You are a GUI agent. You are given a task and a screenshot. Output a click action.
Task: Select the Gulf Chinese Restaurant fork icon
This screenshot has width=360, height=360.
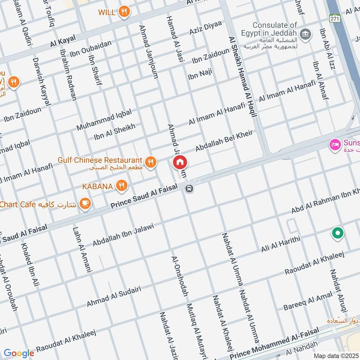coord(151,161)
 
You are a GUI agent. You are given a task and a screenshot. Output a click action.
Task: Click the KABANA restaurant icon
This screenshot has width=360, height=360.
coord(121,185)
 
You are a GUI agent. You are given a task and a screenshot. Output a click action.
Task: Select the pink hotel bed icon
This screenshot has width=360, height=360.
coord(335,144)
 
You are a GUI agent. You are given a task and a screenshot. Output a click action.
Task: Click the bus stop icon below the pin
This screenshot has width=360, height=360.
coord(189,189)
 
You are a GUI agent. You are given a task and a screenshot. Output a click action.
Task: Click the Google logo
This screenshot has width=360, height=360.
coord(18,354)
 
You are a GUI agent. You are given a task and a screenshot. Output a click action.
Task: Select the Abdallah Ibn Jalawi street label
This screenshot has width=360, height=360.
coord(123,234)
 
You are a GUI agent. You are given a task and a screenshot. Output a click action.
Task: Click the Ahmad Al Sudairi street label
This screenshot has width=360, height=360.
coord(110,299)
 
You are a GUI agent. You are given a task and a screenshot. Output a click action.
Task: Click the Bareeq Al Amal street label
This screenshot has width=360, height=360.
coord(308,301)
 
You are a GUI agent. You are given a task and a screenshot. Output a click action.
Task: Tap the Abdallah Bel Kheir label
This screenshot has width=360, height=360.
coord(224,141)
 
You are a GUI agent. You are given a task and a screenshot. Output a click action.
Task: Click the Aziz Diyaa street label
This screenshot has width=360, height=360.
coord(205,28)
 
